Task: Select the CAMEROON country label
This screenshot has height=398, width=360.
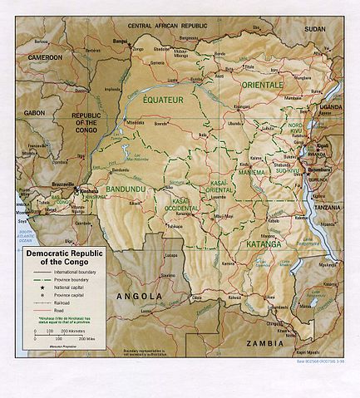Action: [x=45, y=57]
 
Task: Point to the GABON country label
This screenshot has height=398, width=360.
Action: [x=34, y=111]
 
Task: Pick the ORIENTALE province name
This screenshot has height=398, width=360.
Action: [x=264, y=85]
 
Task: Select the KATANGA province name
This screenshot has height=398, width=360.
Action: [x=263, y=244]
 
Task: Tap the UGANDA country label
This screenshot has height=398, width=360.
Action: [x=332, y=108]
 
